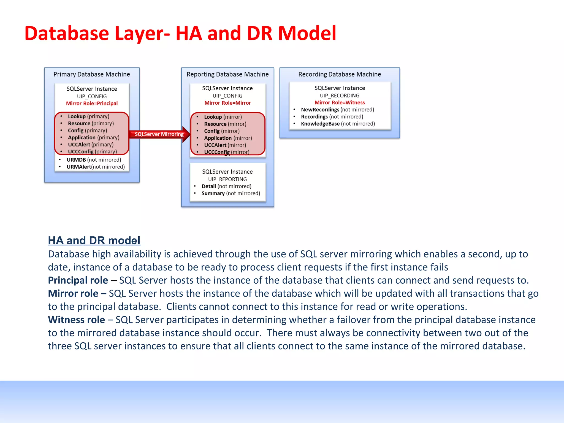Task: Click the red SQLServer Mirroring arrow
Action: [x=159, y=134]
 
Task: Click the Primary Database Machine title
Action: [x=92, y=74]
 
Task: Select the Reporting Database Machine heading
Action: [x=227, y=74]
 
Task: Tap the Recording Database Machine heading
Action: [x=340, y=74]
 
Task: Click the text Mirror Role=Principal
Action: [x=92, y=104]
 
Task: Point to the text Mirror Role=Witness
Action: [x=340, y=103]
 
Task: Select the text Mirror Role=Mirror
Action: [x=227, y=103]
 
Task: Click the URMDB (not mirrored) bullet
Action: [x=94, y=160]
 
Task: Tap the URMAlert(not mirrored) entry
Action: [x=95, y=167]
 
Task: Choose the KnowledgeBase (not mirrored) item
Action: [x=338, y=124]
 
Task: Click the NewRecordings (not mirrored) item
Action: [x=337, y=110]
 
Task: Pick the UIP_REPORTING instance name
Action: [x=227, y=179]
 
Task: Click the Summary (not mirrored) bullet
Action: [x=231, y=193]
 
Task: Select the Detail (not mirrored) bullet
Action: [x=226, y=186]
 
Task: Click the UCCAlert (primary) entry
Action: [x=91, y=145]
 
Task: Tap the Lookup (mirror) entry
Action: [x=223, y=117]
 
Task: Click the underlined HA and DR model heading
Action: [x=94, y=240]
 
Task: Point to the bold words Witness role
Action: [x=76, y=320]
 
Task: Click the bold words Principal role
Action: [x=78, y=280]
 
